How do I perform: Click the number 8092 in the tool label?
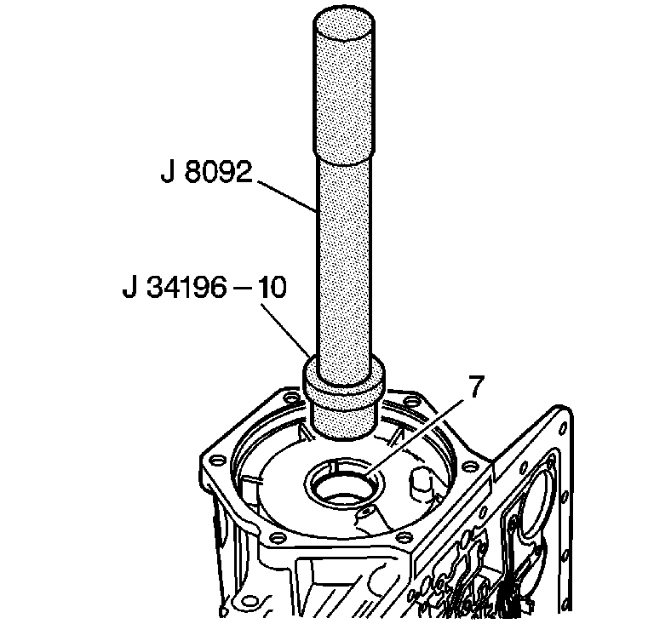(x=218, y=172)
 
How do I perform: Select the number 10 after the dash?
(x=271, y=287)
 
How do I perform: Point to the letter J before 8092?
(x=168, y=172)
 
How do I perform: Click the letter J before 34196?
(x=129, y=287)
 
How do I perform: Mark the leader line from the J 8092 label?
(x=287, y=197)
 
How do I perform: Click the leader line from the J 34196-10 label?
(x=286, y=330)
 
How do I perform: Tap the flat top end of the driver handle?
(x=343, y=24)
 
